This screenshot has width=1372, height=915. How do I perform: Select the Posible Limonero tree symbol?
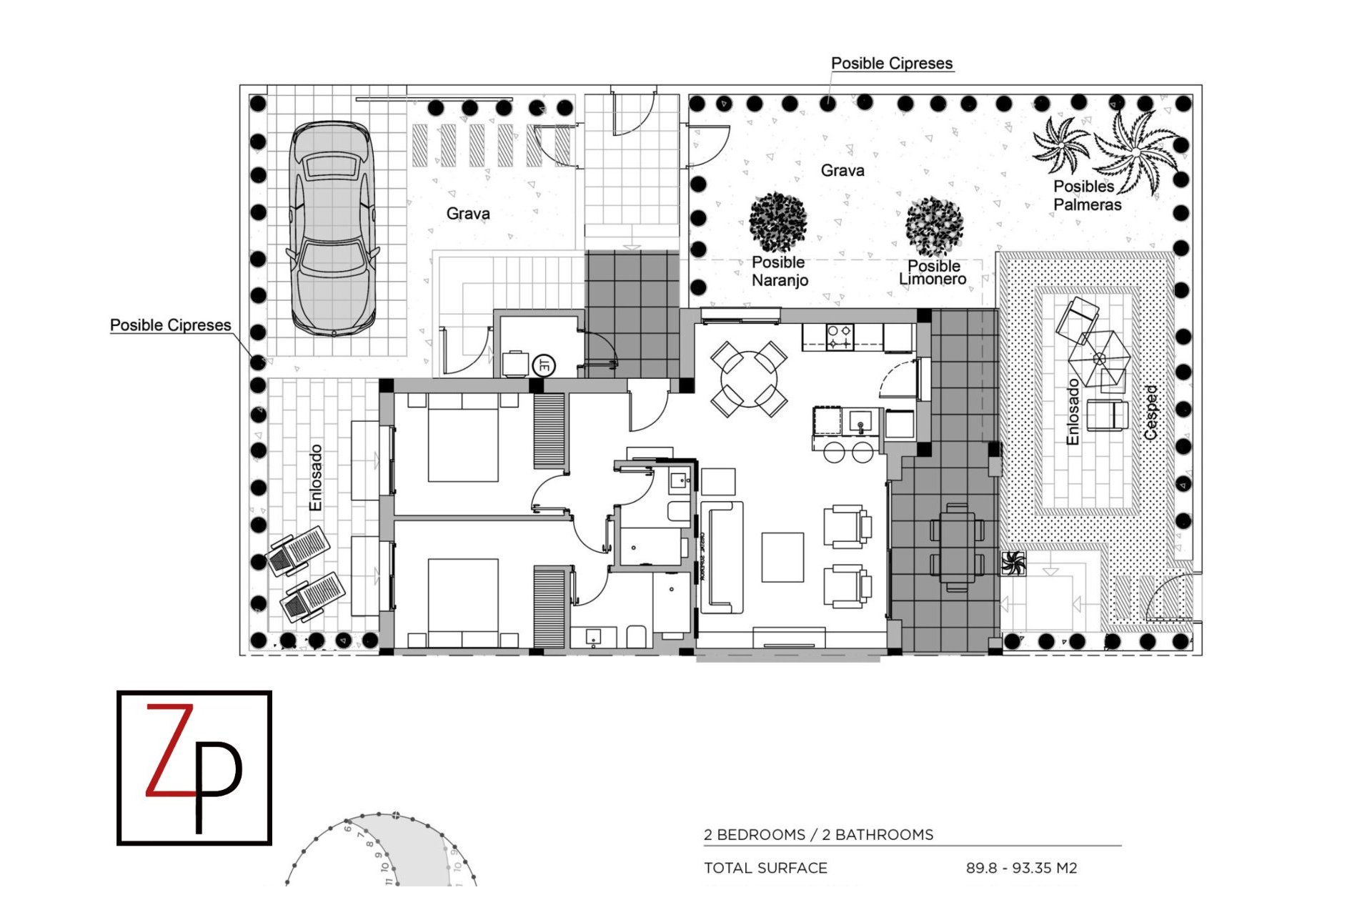pos(934,227)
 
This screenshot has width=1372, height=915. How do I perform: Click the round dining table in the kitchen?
pos(749,379)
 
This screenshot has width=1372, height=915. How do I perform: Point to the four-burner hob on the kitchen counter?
pos(839,337)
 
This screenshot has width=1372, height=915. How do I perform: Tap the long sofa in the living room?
pos(722,558)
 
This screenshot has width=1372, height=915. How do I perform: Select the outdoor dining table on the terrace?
pos(957,547)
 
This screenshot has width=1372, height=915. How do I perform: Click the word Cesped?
pos(1150,412)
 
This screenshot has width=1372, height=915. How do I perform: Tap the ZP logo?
pos(194,768)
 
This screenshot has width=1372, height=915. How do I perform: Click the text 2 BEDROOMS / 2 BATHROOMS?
pos(818,834)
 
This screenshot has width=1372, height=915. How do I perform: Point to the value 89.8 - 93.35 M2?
pos(1021,868)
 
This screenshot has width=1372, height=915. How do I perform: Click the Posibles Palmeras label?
pos(1086,195)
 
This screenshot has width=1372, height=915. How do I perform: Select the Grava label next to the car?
pos(468,213)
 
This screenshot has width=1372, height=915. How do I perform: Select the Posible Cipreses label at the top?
pos(891,63)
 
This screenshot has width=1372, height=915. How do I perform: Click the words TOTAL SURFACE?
pos(765,868)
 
